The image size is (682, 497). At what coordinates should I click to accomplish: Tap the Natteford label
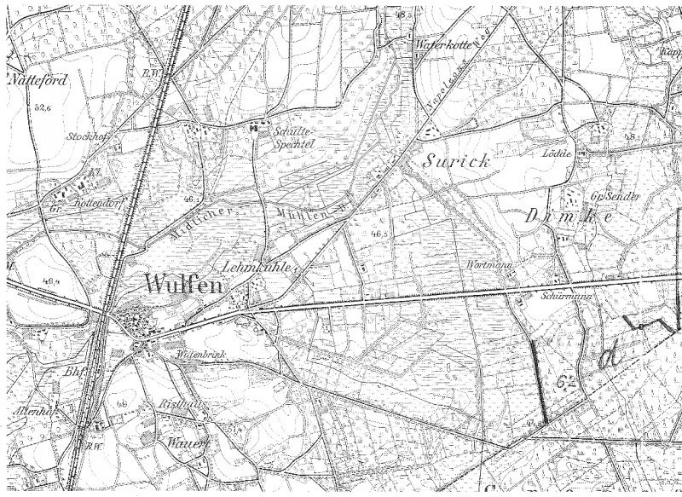click(x=36, y=82)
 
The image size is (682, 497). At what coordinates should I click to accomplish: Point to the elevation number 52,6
click(x=39, y=108)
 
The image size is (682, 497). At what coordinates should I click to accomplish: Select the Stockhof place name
click(x=84, y=136)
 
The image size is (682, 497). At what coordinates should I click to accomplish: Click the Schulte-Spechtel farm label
click(x=291, y=136)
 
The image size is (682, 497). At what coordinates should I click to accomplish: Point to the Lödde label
click(x=554, y=153)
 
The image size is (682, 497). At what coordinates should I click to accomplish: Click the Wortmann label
click(x=488, y=265)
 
